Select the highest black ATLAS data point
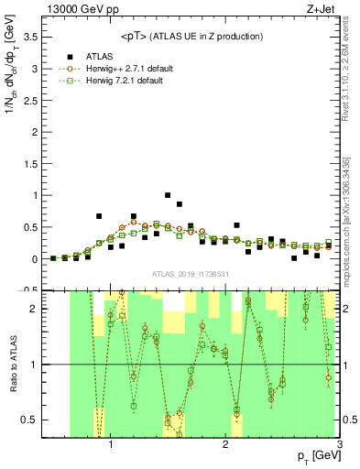point(167,195)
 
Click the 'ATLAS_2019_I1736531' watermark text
point(191,274)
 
